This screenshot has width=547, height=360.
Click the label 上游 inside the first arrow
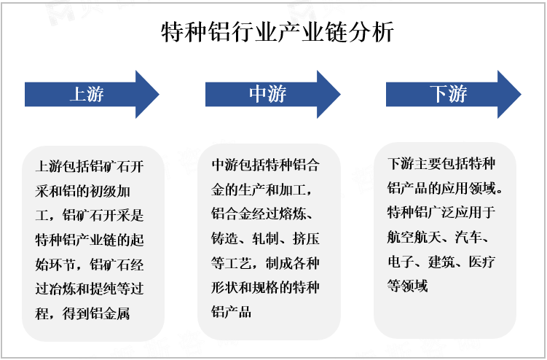pyautogui.click(x=87, y=94)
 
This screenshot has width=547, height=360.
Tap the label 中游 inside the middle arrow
pyautogui.click(x=267, y=94)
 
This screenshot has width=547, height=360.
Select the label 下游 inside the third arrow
pyautogui.click(x=448, y=94)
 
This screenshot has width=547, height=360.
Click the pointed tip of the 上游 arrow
pyautogui.click(x=159, y=94)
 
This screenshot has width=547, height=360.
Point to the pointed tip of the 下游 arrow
pyautogui.click(x=521, y=94)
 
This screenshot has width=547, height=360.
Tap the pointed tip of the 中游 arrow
pyautogui.click(x=340, y=94)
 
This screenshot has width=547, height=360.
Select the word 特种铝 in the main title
pyautogui.click(x=195, y=32)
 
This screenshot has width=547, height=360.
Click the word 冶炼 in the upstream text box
pyautogui.click(x=62, y=289)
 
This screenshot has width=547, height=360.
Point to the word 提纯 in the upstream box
pyautogui.click(x=103, y=289)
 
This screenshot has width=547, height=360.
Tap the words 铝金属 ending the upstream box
pyautogui.click(x=110, y=313)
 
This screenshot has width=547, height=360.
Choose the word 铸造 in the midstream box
pyautogui.click(x=224, y=238)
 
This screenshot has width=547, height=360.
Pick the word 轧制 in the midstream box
pyautogui.click(x=265, y=238)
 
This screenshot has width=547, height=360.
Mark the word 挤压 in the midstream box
pyautogui.click(x=306, y=238)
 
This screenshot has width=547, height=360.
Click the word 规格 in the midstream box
pyautogui.click(x=265, y=287)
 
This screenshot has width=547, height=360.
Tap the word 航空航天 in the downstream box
pyautogui.click(x=414, y=237)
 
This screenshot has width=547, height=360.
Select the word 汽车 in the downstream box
pyautogui.click(x=468, y=237)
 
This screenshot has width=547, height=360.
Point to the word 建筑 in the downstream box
pyautogui.click(x=441, y=262)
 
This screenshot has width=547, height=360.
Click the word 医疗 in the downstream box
pyautogui.click(x=482, y=262)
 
